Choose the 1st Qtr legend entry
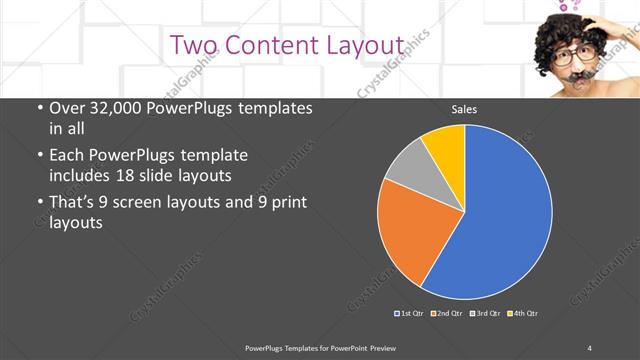409,314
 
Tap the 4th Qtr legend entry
523,314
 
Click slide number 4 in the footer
590,347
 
